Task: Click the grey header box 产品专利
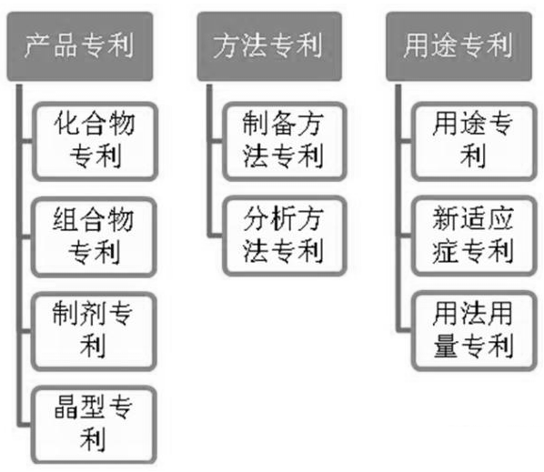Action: point(80,46)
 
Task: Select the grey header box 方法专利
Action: point(269,46)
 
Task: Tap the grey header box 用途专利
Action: point(459,46)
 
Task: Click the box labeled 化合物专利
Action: point(95,142)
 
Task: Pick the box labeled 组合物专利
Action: point(94,237)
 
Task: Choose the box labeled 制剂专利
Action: point(94,332)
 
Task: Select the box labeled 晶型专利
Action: point(94,426)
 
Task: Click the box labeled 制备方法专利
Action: point(285,142)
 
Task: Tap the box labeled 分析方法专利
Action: point(285,236)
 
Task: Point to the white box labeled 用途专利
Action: point(474,142)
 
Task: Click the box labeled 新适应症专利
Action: point(474,236)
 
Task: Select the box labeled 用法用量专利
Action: point(474,331)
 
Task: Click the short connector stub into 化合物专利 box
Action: point(27,141)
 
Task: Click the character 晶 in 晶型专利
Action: point(66,407)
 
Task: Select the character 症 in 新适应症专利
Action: point(445,251)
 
